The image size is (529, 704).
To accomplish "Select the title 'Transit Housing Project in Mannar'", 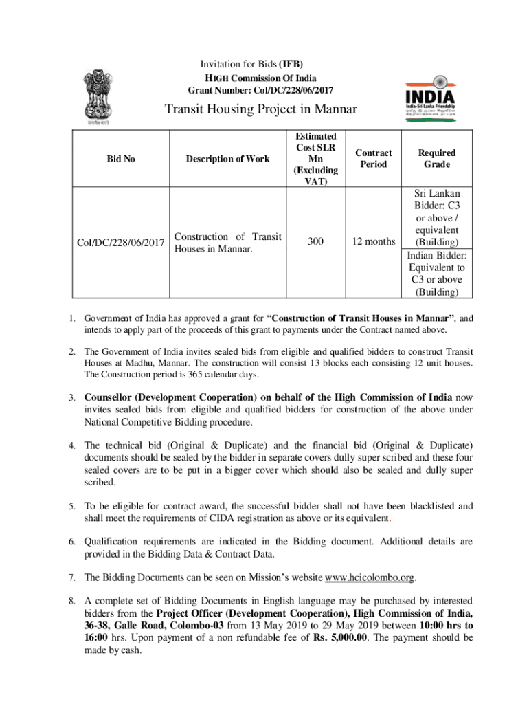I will [x=260, y=110].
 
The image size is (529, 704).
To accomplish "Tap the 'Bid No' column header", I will [x=121, y=159].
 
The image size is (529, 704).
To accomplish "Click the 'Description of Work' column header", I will [x=227, y=159].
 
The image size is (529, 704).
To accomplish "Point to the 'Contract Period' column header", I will [x=374, y=159].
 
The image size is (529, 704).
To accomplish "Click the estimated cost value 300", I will [x=316, y=241].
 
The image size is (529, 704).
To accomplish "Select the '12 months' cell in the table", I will [x=374, y=241].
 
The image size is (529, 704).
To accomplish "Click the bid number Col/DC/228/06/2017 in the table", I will [x=121, y=242].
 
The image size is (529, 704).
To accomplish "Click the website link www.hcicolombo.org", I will [x=370, y=576].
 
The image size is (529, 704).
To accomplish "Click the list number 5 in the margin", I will [x=71, y=506].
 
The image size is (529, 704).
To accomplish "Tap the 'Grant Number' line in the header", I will [x=260, y=90].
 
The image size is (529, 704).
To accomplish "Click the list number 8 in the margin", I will [x=71, y=600].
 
